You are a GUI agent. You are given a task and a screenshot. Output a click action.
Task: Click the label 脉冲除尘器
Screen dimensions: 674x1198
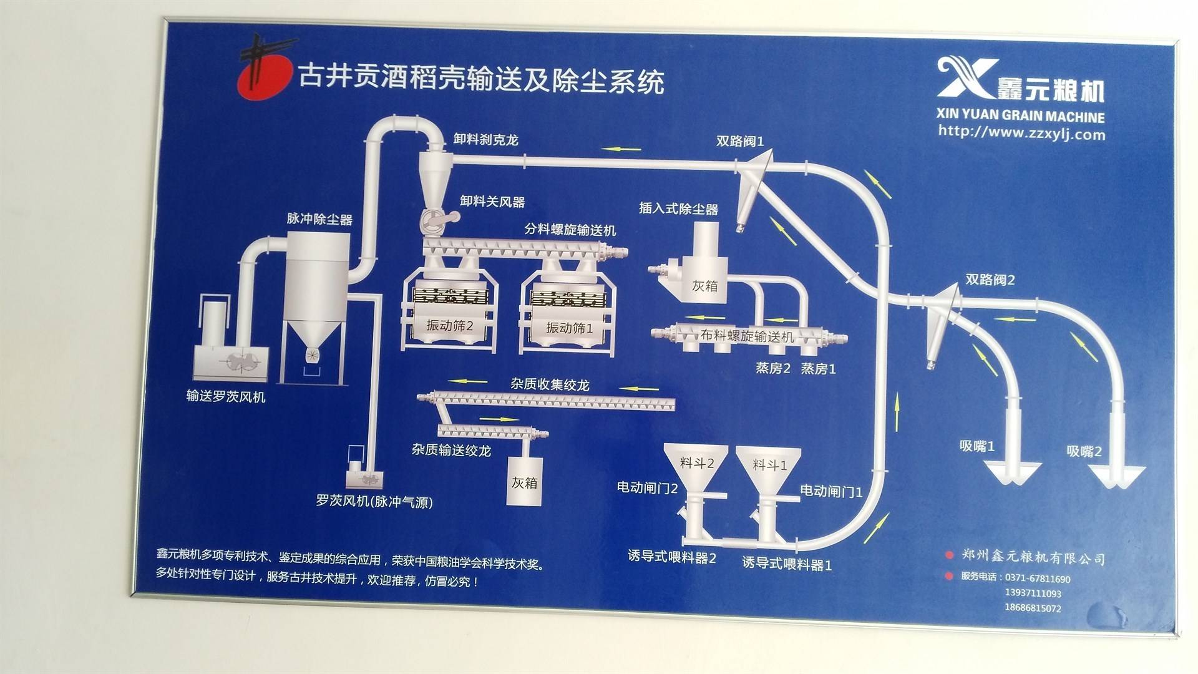coord(319,219)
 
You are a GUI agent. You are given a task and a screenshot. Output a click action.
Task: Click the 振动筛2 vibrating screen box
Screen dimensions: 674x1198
coord(449,326)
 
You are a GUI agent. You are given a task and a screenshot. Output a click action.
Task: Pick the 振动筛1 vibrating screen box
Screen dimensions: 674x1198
coord(569,328)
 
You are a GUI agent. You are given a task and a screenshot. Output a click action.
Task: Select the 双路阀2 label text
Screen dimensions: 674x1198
coord(990,280)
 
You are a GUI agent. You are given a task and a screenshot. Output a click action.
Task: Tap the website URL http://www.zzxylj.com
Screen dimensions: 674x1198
coord(1021,133)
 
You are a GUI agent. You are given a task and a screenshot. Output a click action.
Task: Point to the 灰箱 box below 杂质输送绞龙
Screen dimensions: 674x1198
coord(524,482)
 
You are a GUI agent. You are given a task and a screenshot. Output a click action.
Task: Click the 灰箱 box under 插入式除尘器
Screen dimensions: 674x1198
coord(704,286)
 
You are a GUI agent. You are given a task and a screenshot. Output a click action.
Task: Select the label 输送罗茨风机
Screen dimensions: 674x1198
coord(225,396)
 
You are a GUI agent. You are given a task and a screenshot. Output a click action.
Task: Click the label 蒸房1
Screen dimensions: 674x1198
coord(818,369)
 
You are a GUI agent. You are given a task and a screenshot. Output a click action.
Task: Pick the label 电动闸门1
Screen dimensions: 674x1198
coord(831,492)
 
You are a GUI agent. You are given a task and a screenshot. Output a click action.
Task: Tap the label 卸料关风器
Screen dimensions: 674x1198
coord(492,202)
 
